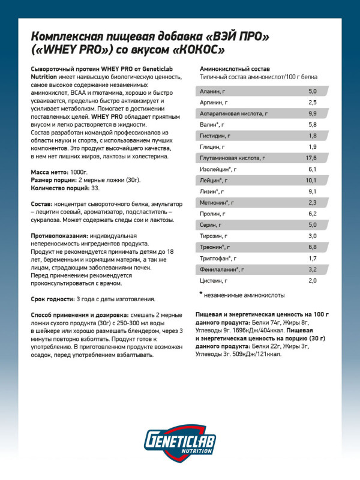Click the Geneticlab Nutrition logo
click(x=179, y=443)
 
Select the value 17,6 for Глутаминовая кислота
click(x=310, y=158)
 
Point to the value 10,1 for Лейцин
click(x=310, y=181)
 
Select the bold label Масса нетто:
click(x=50, y=172)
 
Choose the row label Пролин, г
click(x=212, y=214)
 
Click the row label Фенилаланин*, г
click(x=223, y=270)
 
